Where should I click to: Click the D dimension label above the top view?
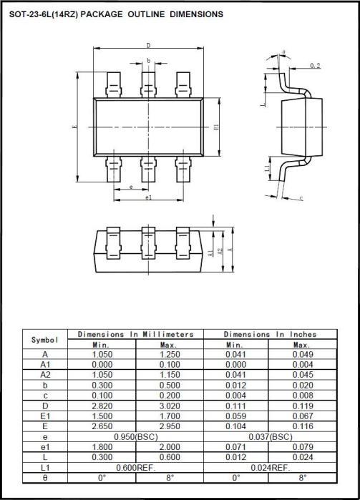pos(147,45)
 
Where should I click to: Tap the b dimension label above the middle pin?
pos(148,61)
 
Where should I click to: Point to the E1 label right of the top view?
pos(216,127)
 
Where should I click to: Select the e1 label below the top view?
pos(148,197)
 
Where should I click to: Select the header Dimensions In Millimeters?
pos(135,334)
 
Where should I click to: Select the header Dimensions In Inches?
pos(270,334)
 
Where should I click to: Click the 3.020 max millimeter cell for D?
pos(169,404)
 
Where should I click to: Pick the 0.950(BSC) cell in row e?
pos(136,436)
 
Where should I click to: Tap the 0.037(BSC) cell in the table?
pos(270,436)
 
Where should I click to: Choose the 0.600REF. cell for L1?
pos(136,467)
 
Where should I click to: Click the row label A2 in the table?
pos(45,374)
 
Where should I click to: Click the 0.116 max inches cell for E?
pos(302,426)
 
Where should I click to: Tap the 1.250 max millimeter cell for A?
pos(169,354)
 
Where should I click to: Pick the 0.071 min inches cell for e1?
pos(235,446)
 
